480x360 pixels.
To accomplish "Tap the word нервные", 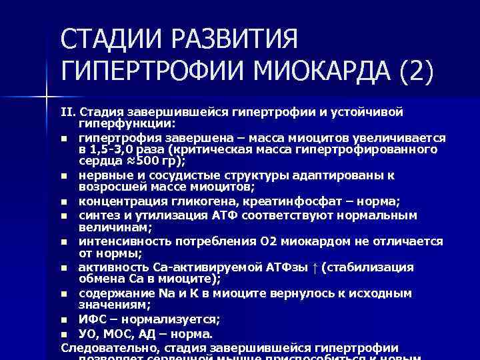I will [x=103, y=175].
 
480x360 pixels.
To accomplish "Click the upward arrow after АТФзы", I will [x=314, y=267].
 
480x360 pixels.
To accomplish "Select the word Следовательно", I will [x=100, y=347].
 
